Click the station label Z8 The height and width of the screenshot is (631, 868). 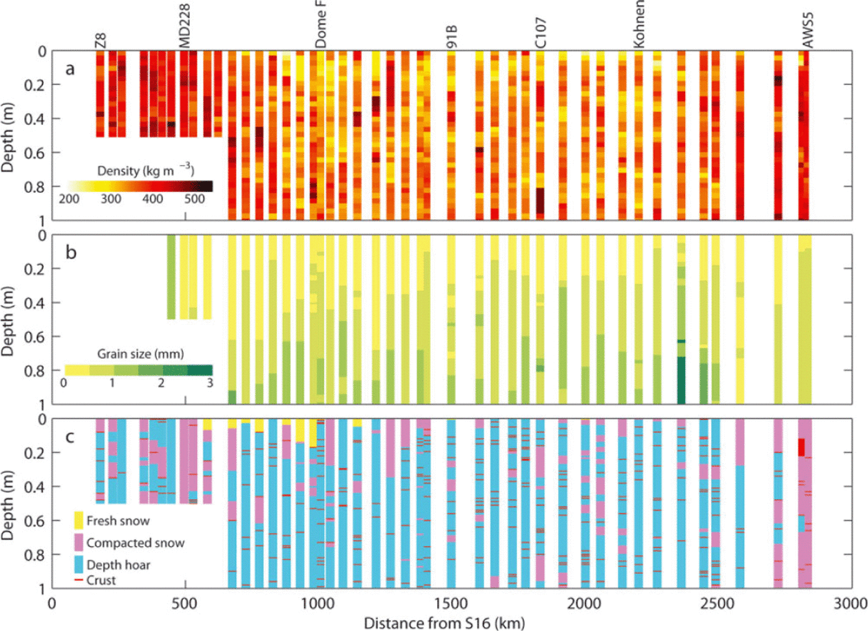point(100,40)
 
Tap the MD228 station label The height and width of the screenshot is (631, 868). point(184,26)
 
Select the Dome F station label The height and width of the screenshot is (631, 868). point(321,24)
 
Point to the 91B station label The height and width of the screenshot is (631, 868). point(451,37)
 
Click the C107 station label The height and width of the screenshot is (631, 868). point(541,33)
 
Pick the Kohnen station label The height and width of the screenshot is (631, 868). point(639,24)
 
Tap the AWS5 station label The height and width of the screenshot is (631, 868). point(807,30)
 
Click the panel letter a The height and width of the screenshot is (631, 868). point(70,69)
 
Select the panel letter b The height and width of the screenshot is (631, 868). point(71,252)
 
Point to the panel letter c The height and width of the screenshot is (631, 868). point(70,437)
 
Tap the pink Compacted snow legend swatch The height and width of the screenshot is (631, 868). point(79,542)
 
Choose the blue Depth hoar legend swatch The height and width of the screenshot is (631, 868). point(79,564)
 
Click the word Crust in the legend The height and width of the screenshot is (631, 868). point(101,581)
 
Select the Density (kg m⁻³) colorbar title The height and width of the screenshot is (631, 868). point(146,170)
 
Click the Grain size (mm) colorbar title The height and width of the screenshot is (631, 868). point(140,354)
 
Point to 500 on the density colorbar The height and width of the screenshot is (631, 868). point(194,199)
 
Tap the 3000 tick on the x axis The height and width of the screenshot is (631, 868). point(850,604)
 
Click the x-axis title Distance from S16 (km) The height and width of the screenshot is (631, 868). point(444,623)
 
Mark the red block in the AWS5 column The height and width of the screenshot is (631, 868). point(801,447)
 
